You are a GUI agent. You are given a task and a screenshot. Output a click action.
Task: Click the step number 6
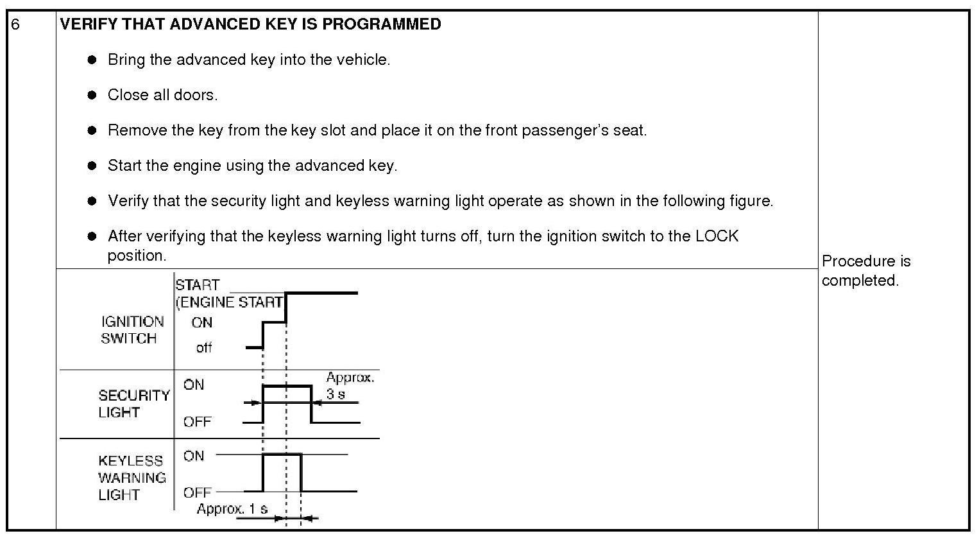(16, 24)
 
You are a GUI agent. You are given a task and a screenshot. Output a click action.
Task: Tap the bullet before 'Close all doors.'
(92, 95)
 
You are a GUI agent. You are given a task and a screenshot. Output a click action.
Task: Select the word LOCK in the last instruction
(717, 236)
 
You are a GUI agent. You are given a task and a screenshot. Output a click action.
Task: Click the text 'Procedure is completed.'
(865, 270)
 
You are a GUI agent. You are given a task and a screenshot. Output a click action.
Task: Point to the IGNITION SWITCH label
(132, 330)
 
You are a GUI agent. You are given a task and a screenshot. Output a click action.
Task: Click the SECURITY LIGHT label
(133, 404)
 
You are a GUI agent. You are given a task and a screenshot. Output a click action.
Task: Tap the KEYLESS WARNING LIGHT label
(132, 478)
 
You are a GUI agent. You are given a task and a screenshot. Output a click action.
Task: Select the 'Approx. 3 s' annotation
(349, 386)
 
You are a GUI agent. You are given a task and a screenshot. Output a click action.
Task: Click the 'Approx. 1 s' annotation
(232, 509)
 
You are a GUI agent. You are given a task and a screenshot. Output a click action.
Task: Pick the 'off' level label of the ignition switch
(204, 348)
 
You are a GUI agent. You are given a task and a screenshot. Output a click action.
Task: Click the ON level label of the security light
(193, 385)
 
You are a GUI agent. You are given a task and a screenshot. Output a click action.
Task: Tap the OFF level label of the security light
(197, 422)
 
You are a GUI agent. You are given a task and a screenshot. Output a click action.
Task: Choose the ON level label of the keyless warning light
(193, 456)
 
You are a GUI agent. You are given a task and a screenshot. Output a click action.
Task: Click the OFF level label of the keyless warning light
(197, 492)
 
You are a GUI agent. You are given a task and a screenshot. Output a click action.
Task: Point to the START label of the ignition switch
(198, 285)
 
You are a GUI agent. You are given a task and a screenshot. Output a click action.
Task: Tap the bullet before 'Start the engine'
(92, 166)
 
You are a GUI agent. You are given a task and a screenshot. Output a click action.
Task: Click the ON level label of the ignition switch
(201, 322)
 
